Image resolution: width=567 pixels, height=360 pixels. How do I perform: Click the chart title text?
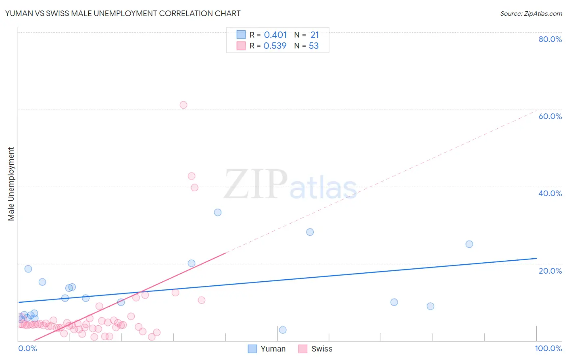click(123, 13)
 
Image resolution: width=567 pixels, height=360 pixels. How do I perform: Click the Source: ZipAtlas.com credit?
click(531, 13)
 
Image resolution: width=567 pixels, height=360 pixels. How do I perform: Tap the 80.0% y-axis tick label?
click(550, 39)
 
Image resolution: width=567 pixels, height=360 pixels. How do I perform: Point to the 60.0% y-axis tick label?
click(550, 116)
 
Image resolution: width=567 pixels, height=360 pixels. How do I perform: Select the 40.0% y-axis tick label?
click(550, 193)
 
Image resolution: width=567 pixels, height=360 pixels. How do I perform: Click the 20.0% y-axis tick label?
click(550, 271)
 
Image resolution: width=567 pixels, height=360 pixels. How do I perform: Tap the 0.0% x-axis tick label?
click(27, 348)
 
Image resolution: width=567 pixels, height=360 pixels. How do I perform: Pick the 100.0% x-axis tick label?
click(548, 348)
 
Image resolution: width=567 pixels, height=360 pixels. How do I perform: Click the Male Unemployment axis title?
click(11, 184)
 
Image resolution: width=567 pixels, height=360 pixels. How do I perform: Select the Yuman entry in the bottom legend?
click(267, 349)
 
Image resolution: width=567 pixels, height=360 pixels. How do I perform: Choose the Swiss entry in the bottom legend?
click(316, 349)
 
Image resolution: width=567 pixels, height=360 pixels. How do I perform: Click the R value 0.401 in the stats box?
click(275, 35)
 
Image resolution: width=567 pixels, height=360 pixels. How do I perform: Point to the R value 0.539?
click(275, 46)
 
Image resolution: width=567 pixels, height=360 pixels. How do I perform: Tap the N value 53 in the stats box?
click(314, 46)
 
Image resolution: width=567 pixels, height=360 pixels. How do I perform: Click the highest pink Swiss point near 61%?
click(183, 105)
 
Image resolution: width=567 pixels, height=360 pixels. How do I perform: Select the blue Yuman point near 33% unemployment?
click(218, 212)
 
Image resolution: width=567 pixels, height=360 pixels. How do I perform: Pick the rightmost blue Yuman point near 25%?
click(469, 244)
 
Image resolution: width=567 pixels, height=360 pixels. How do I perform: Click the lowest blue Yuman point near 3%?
click(283, 330)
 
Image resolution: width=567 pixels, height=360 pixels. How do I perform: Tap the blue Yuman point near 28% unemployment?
click(310, 232)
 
